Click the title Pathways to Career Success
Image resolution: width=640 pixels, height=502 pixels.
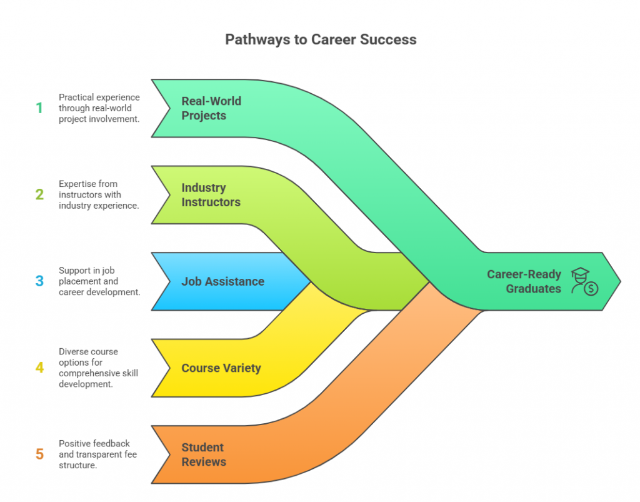pos(320,40)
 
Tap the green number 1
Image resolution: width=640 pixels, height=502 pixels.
pos(39,108)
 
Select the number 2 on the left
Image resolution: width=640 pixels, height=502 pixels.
pos(39,194)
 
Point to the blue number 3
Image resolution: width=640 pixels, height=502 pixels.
pos(39,281)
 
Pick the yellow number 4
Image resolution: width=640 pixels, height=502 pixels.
pos(39,368)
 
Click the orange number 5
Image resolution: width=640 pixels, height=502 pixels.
pos(39,454)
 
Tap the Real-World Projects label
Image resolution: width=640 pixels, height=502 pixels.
pos(211,108)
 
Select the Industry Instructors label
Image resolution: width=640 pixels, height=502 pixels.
pos(211,194)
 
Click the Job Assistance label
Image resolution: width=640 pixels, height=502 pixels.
pos(222,281)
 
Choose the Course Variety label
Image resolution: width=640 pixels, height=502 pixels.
pos(221,368)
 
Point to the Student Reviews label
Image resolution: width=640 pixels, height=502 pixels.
pos(203,454)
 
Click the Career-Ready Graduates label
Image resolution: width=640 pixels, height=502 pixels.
pos(524,281)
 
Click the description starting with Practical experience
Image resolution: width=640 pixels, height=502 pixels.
pos(99,108)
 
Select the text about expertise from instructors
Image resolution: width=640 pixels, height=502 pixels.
pos(99,194)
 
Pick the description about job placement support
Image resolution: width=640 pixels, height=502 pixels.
pos(99,281)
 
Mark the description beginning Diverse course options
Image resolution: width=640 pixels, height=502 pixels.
pos(99,368)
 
